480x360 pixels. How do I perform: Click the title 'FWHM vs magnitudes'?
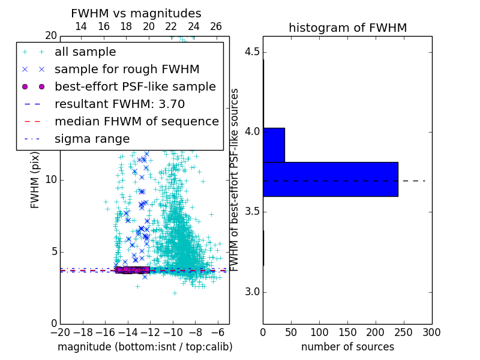136,13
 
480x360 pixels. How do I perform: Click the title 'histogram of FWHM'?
347,28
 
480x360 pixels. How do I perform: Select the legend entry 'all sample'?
85,52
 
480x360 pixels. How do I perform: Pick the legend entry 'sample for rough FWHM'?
127,70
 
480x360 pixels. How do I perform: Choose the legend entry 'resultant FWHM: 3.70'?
119,104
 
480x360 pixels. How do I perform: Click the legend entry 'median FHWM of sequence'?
136,121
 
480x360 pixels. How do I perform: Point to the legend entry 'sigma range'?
92,139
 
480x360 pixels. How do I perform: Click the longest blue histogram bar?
330,179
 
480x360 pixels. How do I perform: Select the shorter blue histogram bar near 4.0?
274,145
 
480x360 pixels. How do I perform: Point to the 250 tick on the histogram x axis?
404,332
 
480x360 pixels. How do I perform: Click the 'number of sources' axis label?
347,347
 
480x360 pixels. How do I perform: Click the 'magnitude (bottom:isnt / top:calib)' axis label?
145,347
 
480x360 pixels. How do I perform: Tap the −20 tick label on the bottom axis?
60,332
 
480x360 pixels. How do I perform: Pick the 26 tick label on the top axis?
216,26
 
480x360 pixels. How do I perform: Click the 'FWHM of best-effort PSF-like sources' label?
235,179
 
